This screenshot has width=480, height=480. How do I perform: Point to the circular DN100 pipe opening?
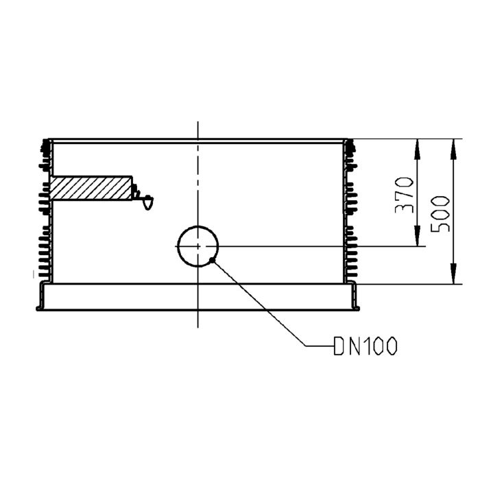(198, 246)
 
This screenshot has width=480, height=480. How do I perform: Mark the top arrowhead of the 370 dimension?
(417, 144)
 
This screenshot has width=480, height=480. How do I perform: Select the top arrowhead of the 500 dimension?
(453, 144)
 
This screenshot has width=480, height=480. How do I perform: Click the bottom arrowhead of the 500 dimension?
(453, 280)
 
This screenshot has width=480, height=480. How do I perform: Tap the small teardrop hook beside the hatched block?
(147, 202)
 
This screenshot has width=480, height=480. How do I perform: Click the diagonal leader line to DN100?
(261, 302)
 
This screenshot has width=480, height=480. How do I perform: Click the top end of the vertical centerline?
(198, 123)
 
